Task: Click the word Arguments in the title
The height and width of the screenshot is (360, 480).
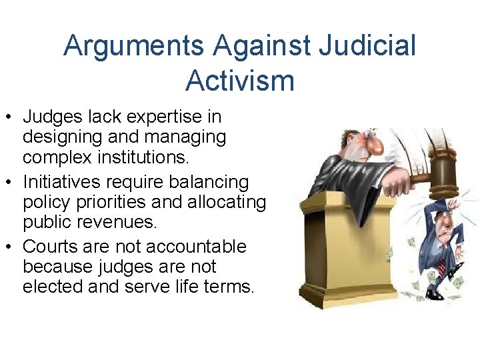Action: (133, 46)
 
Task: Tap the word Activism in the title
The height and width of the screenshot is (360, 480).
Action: (239, 80)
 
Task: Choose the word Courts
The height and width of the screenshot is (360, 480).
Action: (53, 246)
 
